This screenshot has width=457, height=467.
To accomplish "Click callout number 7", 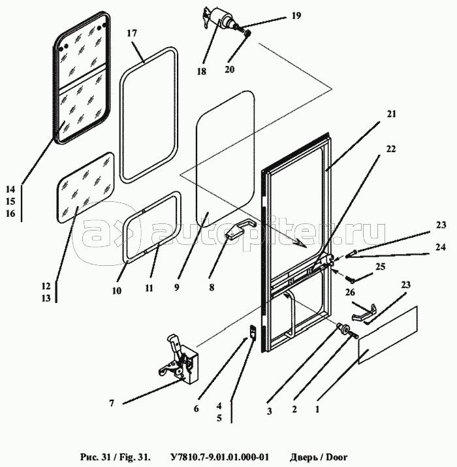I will pyautogui.click(x=112, y=404).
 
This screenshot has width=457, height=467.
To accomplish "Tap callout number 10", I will pyautogui.click(x=116, y=291).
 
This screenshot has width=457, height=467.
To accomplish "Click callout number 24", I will pyautogui.click(x=441, y=248).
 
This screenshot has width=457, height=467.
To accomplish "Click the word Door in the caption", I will pyautogui.click(x=332, y=456).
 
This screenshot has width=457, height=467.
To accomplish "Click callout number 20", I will pyautogui.click(x=230, y=69).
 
